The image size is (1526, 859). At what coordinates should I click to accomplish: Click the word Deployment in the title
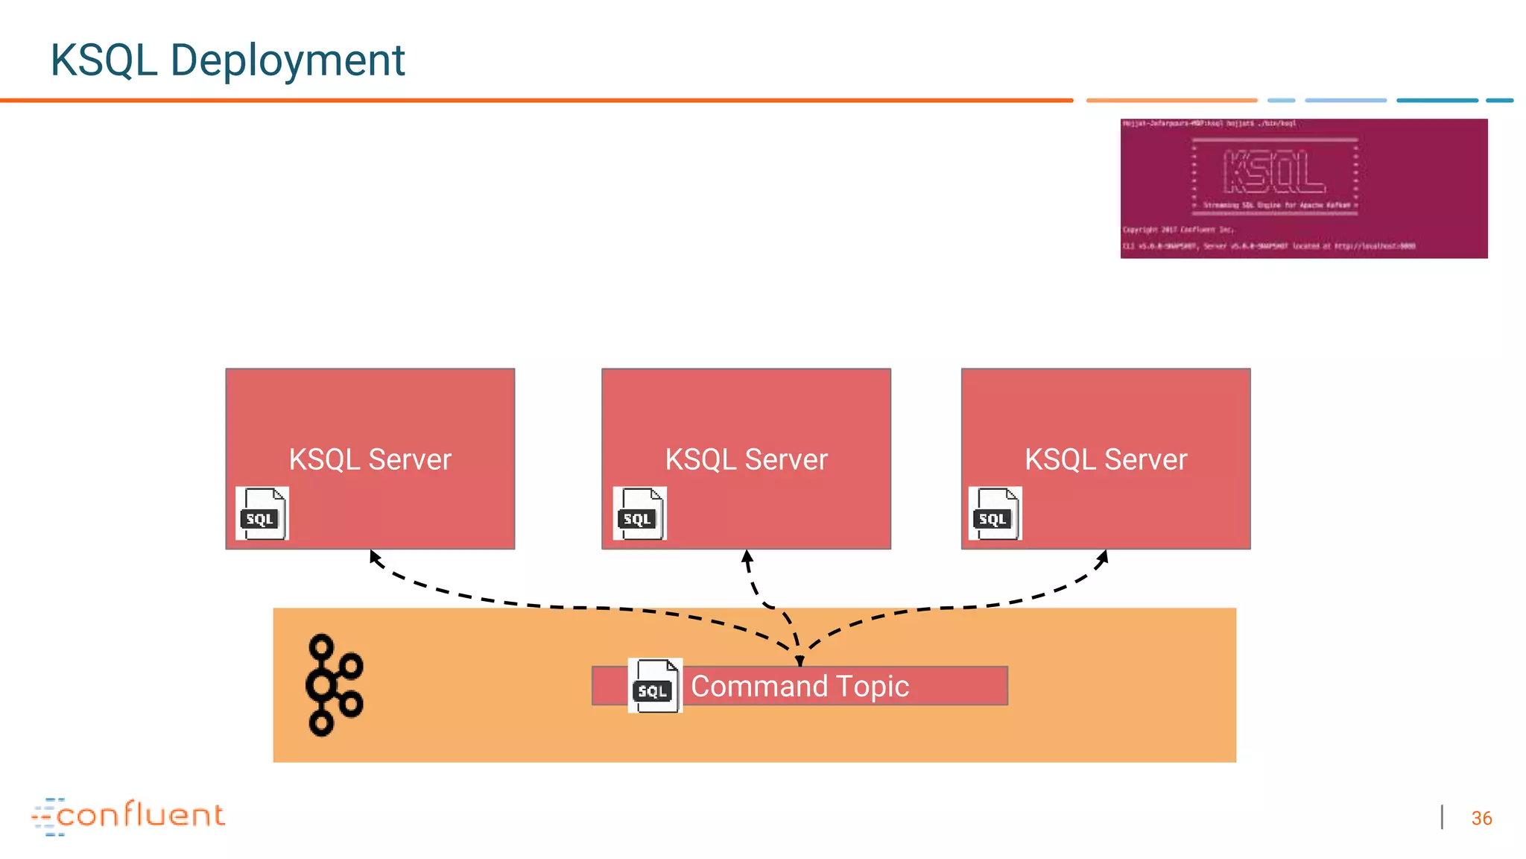[x=287, y=60]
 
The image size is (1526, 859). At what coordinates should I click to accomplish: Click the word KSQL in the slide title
[x=104, y=60]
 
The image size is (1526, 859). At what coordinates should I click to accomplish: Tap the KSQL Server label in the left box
[x=370, y=459]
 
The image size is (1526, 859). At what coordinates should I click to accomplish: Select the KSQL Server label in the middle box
[x=746, y=459]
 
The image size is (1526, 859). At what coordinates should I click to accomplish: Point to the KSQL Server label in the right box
[x=1106, y=459]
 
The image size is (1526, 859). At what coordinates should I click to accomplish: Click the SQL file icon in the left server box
[x=262, y=514]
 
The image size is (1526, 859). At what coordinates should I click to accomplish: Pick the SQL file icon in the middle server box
[x=639, y=514]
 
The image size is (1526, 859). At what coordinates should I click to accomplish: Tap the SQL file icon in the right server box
[x=995, y=514]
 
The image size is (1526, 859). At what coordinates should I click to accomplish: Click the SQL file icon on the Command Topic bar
[x=655, y=686]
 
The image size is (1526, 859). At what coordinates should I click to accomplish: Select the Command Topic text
[x=800, y=686]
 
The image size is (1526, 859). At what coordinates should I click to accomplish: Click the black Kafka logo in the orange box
[x=333, y=685]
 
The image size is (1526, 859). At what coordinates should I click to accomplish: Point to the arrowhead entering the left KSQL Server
[x=375, y=556]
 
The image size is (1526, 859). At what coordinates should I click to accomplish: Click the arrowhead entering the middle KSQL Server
[x=747, y=556]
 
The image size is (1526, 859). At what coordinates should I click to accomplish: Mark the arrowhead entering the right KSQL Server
[x=1104, y=556]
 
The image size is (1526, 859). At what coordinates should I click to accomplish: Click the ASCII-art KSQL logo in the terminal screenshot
[x=1274, y=172]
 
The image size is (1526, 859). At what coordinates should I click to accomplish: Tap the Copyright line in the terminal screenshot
[x=1178, y=230]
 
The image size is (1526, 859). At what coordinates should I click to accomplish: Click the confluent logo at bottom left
[x=128, y=816]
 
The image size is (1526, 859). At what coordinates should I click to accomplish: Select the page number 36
[x=1481, y=818]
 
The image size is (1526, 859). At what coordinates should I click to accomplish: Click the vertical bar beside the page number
[x=1443, y=817]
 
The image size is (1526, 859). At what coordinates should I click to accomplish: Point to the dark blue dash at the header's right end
[x=1499, y=100]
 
